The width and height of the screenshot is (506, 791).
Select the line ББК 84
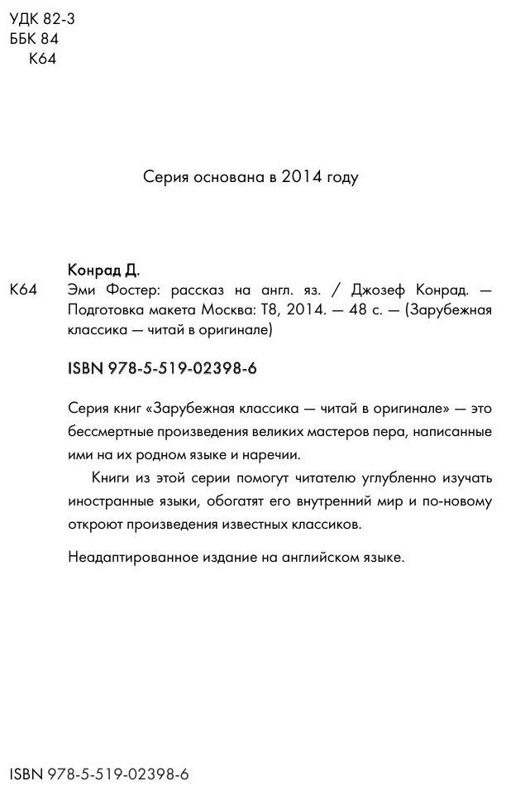click(x=35, y=39)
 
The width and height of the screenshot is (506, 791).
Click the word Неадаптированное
click(x=122, y=558)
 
